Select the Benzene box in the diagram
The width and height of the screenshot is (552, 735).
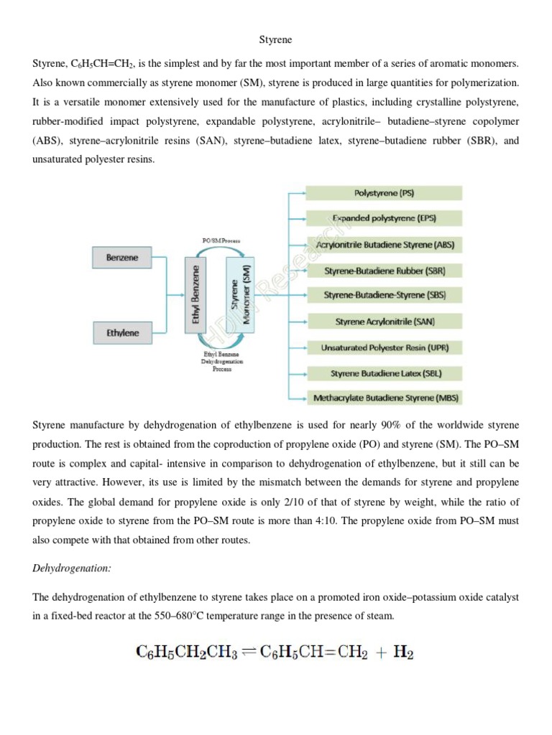tap(122, 257)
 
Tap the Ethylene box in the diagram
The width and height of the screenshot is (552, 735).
tap(122, 332)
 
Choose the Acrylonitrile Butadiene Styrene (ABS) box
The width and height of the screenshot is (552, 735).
tap(385, 244)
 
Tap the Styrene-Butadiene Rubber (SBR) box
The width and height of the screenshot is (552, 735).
tap(385, 270)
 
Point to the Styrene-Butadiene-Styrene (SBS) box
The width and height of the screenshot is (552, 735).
tap(385, 295)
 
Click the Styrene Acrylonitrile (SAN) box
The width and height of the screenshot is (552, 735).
tap(385, 322)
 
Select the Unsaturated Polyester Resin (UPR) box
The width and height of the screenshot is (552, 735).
tap(385, 347)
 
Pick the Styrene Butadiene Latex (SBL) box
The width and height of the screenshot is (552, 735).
tap(385, 373)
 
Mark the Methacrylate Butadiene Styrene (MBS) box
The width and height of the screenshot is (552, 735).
tap(385, 397)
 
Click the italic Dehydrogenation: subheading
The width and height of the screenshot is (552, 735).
tap(71, 568)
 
